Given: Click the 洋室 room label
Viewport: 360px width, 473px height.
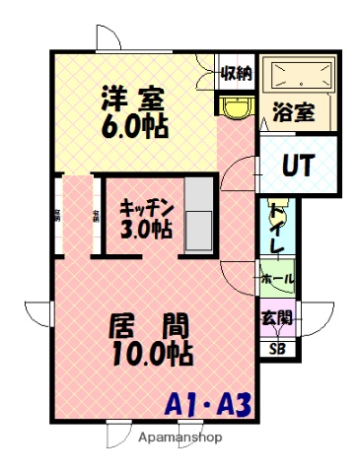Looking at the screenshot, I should coord(130,100).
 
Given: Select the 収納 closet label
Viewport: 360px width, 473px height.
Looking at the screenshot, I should coord(236,72).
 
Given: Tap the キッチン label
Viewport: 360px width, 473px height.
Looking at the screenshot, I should coord(147,207).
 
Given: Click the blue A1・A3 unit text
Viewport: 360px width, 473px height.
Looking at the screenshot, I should coord(208,402).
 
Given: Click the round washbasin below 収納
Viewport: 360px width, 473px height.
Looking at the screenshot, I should coord(236,106).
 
